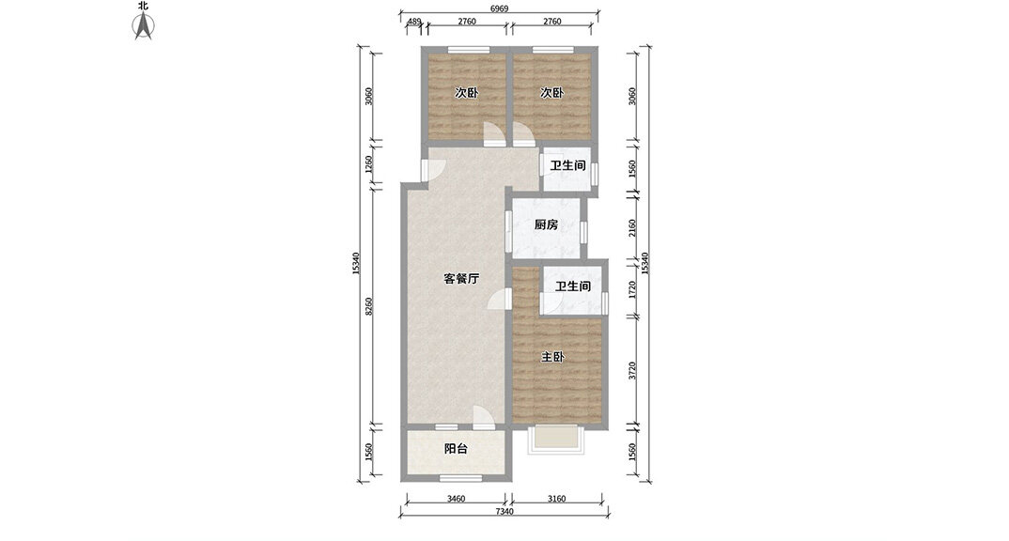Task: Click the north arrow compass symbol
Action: tap(143, 25)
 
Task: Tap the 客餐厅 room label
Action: tap(461, 279)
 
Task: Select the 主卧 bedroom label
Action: tap(552, 357)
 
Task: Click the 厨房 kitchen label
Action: tap(546, 225)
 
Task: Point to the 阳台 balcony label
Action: tap(456, 449)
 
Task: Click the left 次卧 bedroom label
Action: tap(467, 93)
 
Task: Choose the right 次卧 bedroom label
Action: tap(551, 93)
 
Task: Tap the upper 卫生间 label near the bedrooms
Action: tap(567, 166)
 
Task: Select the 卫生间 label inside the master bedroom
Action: tap(573, 286)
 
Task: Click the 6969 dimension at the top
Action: tap(500, 8)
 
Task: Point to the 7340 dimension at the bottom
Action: tap(504, 511)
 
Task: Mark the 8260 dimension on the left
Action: tap(368, 306)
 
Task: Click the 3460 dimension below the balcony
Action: tap(457, 499)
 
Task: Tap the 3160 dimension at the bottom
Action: tap(556, 499)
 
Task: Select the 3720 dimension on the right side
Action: tap(632, 371)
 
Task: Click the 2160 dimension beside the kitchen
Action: tap(632, 227)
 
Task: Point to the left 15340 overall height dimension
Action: tap(356, 264)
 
